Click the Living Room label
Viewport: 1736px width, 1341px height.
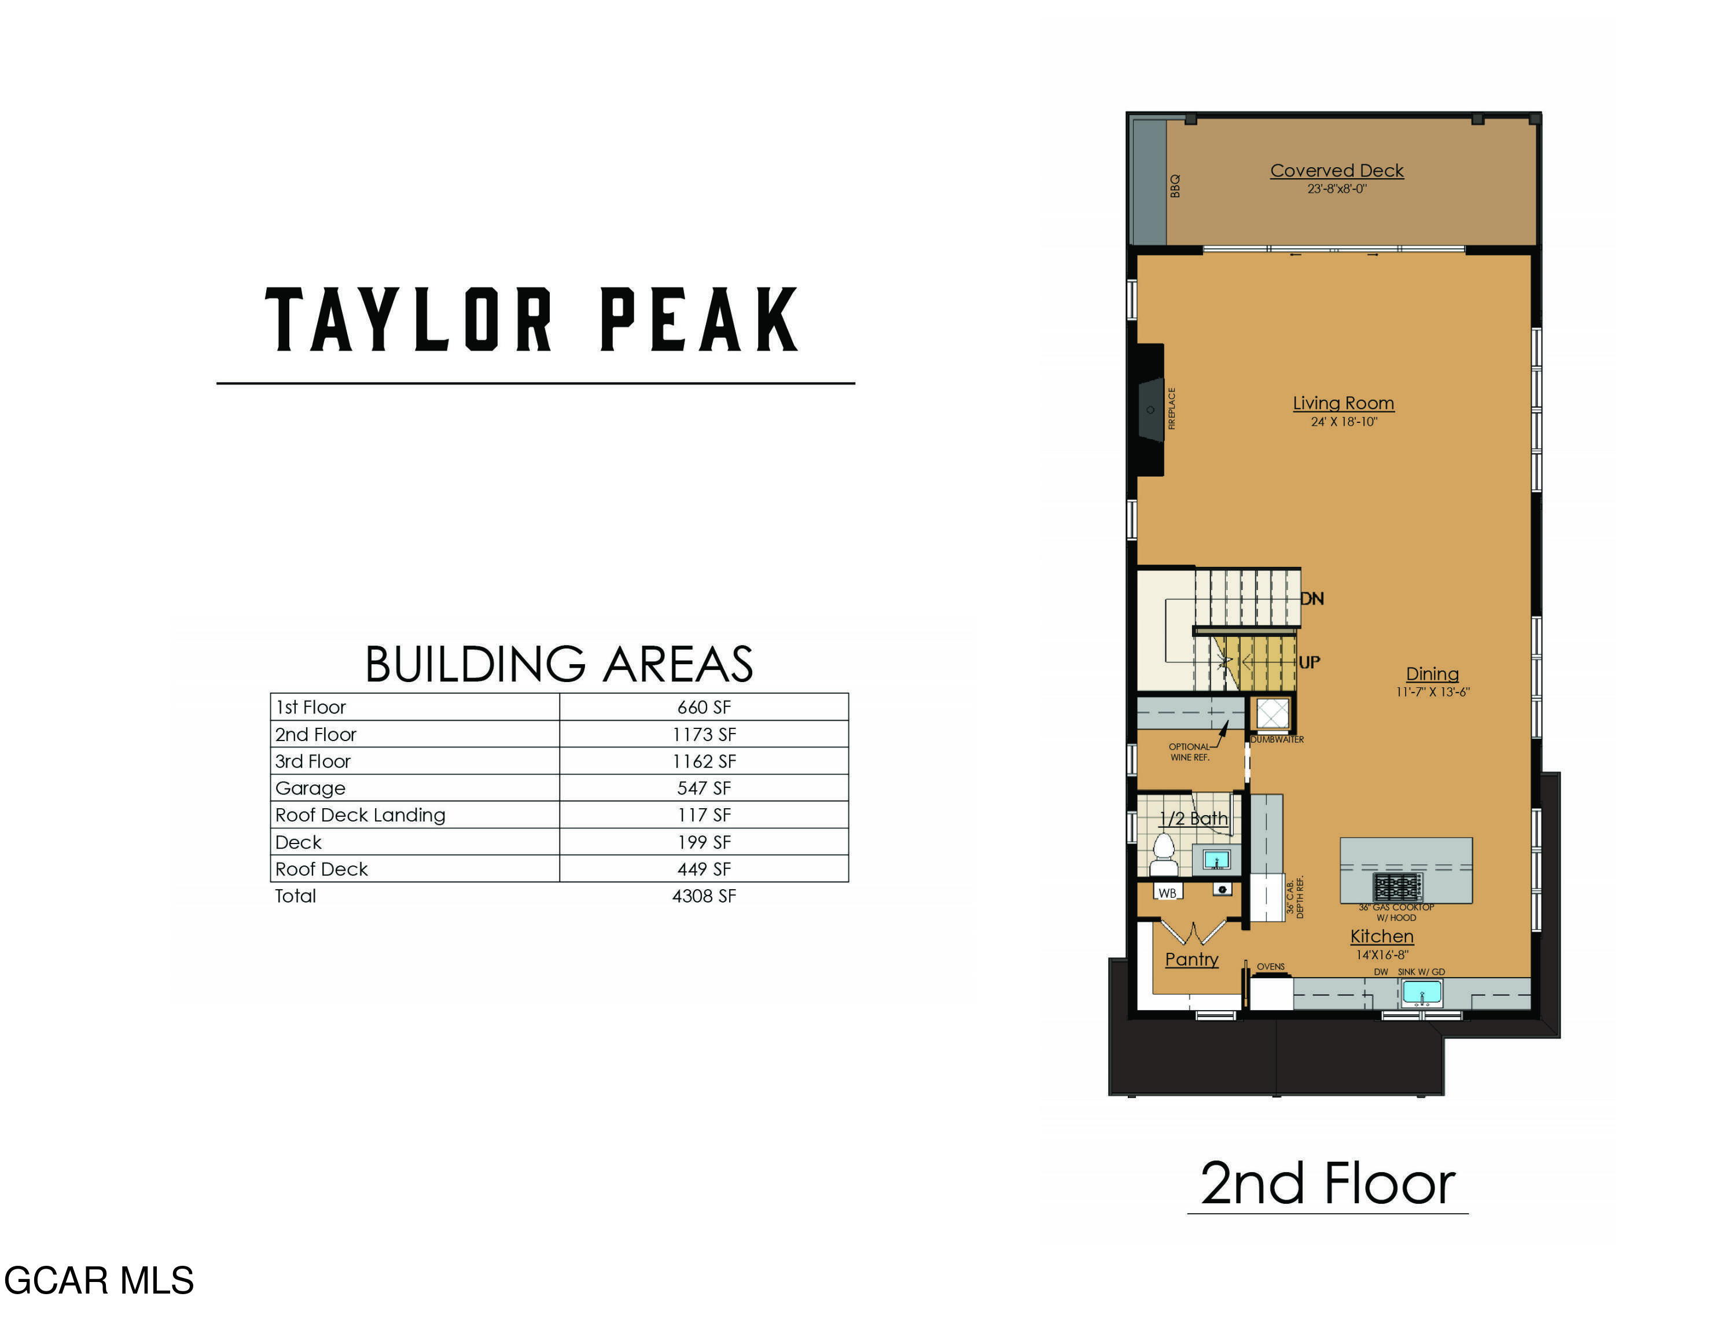click(x=1343, y=404)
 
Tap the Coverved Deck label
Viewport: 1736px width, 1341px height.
click(x=1336, y=171)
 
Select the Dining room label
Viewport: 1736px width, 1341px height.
click(x=1432, y=673)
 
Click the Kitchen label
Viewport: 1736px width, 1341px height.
click(x=1381, y=936)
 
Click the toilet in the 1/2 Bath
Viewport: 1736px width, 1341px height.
click(x=1164, y=849)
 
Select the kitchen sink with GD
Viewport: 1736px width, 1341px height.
click(x=1421, y=992)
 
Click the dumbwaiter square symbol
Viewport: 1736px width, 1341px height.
click(x=1272, y=714)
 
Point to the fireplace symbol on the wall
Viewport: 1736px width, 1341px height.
click(x=1150, y=410)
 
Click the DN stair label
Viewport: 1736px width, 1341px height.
click(x=1312, y=599)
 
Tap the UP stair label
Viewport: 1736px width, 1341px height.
click(x=1309, y=662)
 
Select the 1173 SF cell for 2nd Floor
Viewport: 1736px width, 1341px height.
click(x=704, y=734)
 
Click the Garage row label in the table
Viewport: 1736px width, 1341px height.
click(x=310, y=788)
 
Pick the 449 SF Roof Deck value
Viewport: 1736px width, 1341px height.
click(x=704, y=869)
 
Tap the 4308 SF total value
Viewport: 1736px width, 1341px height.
click(x=704, y=896)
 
